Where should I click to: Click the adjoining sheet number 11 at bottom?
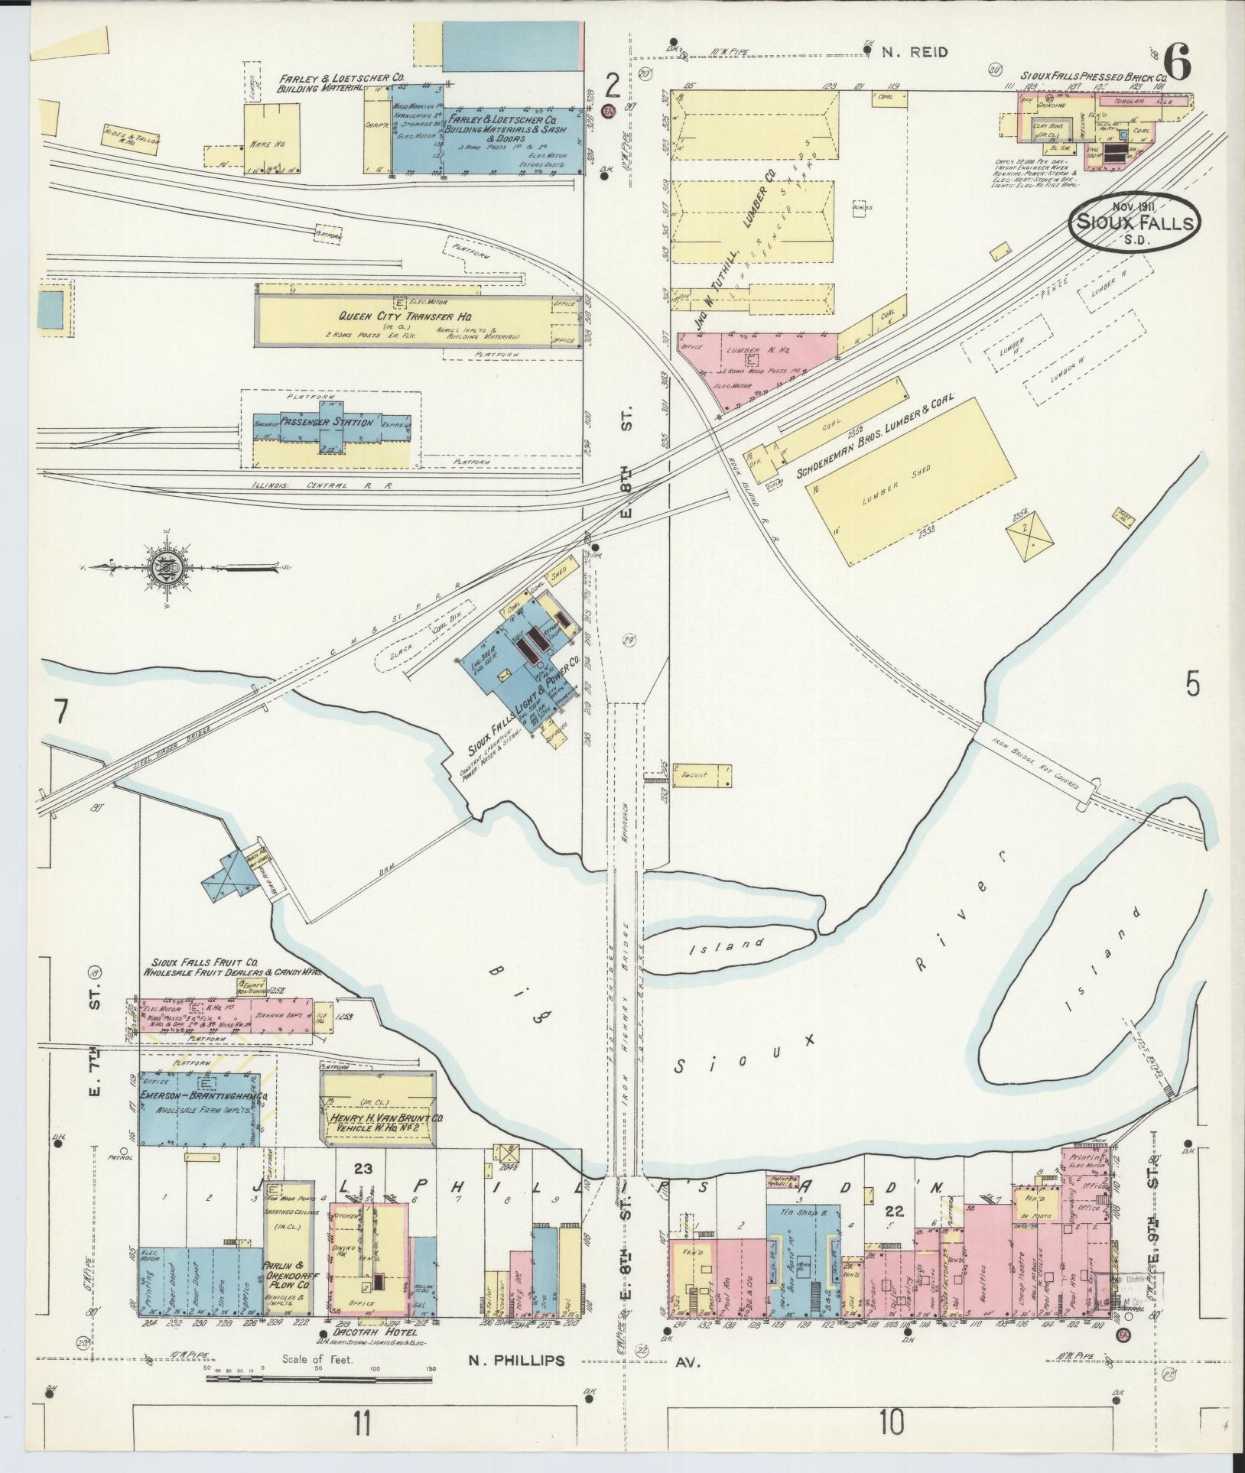tap(362, 1423)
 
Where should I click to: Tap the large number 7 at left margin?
tap(61, 712)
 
